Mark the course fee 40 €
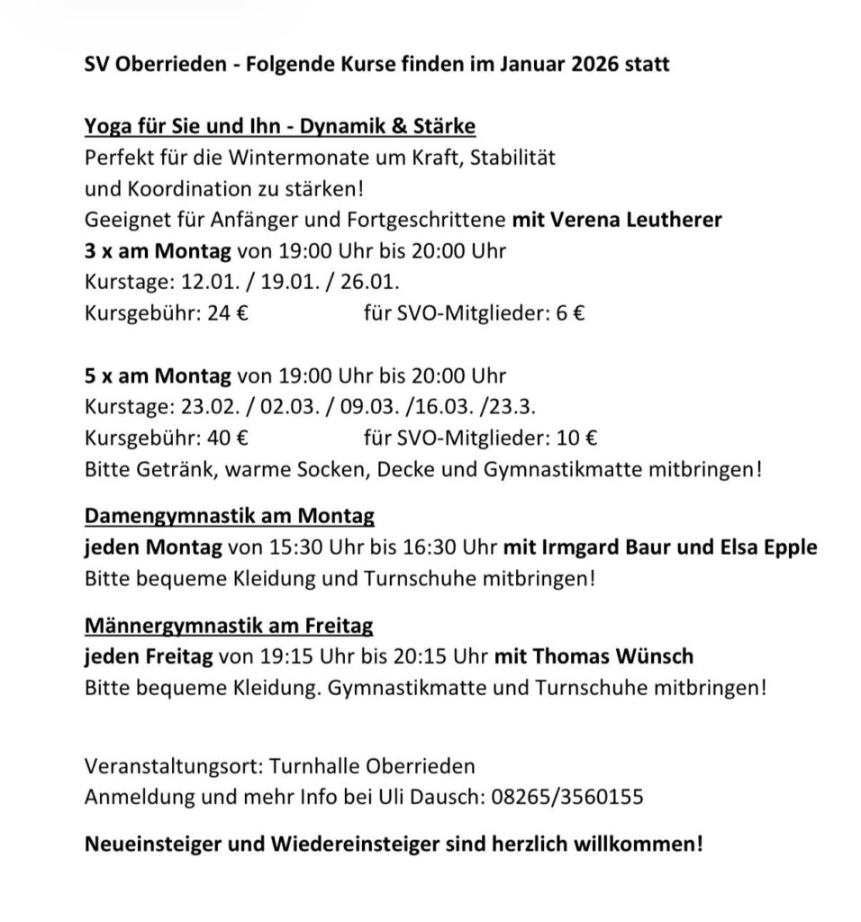pos(231,438)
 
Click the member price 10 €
pos(577,438)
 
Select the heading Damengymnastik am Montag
pos(230,517)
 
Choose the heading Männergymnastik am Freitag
pos(229,624)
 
